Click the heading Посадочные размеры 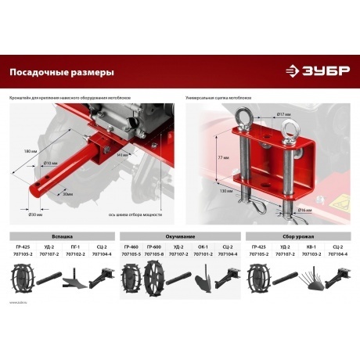pos(62,72)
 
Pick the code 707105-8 pos(154,254)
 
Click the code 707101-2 pos(203,254)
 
